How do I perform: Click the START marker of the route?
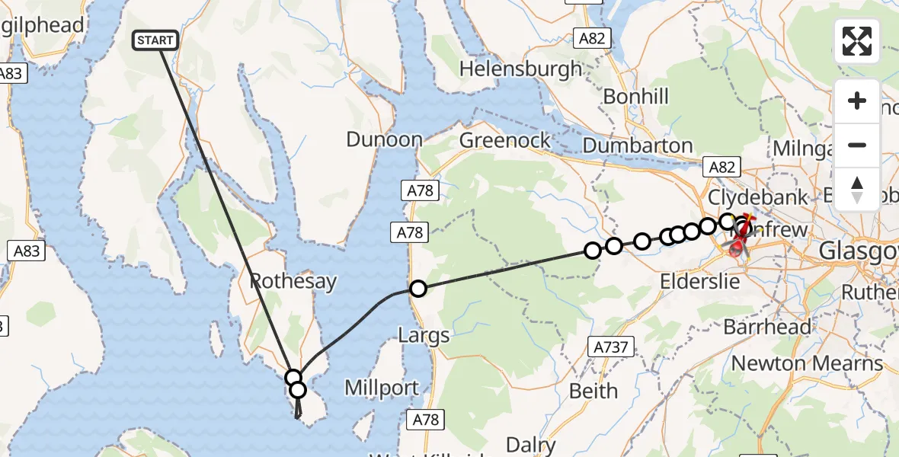[x=156, y=40]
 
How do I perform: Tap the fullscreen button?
[x=857, y=41]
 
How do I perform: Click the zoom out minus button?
[x=857, y=145]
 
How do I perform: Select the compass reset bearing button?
[x=857, y=189]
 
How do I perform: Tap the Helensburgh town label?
[x=520, y=69]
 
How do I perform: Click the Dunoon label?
[x=384, y=139]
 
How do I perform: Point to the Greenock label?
[x=504, y=141]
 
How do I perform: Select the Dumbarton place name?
[x=637, y=145]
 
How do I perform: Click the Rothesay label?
[x=293, y=281]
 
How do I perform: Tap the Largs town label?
[x=424, y=335]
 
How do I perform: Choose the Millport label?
[x=382, y=388]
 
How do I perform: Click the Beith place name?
[x=594, y=391]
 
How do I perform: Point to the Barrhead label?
[x=767, y=328]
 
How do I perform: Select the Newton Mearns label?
[x=807, y=363]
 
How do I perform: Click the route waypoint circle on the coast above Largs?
[x=418, y=289]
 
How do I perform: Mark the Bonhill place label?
[x=635, y=97]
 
